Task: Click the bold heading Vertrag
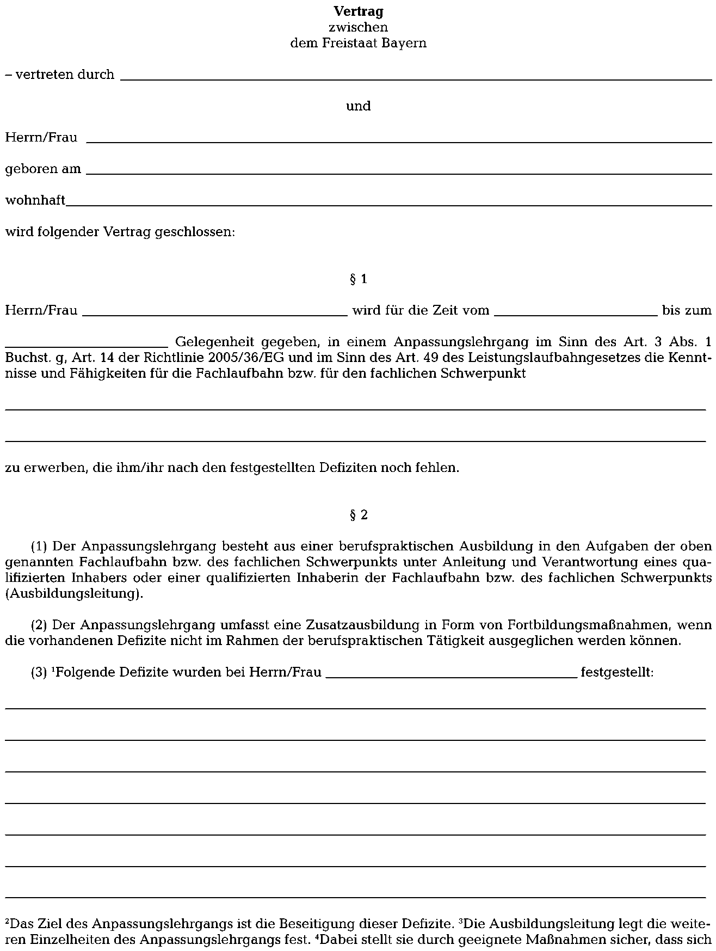[358, 11]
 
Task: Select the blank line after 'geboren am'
[399, 173]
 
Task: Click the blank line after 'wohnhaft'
[388, 205]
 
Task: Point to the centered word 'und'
[358, 106]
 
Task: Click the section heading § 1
[358, 280]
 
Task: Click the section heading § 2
[358, 515]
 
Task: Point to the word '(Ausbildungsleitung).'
[75, 594]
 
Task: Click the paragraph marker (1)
[39, 546]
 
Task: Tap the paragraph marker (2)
[39, 625]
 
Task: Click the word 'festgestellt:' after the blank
[617, 673]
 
